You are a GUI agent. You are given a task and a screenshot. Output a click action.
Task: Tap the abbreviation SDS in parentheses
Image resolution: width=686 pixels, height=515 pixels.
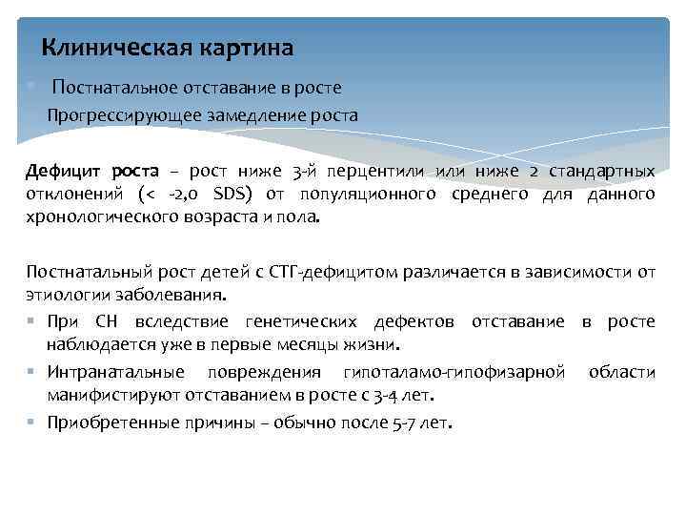pos(224,195)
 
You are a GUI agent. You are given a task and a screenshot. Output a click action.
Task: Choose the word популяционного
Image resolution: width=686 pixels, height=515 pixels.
pos(367,195)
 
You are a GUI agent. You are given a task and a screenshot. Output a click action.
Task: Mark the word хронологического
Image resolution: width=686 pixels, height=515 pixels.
pos(103,217)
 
